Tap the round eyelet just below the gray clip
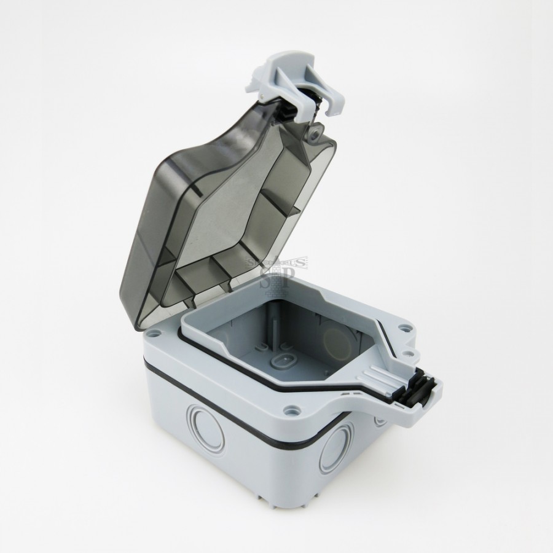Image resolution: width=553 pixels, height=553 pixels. [317, 131]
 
